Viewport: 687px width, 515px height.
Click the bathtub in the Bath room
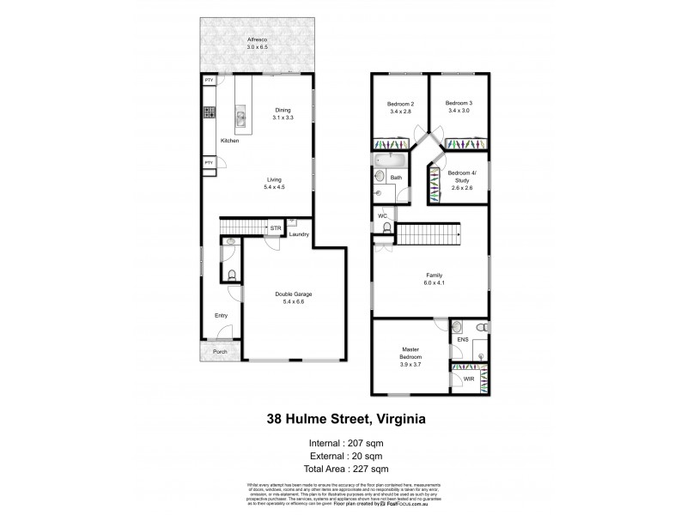coord(389,160)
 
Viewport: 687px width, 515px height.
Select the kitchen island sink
coord(242,118)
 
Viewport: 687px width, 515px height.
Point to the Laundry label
coord(299,234)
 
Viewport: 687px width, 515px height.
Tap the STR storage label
coord(275,228)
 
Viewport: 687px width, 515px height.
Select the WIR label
coord(469,377)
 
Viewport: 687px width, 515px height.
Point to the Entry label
coord(221,315)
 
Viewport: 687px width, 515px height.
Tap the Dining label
coord(283,111)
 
